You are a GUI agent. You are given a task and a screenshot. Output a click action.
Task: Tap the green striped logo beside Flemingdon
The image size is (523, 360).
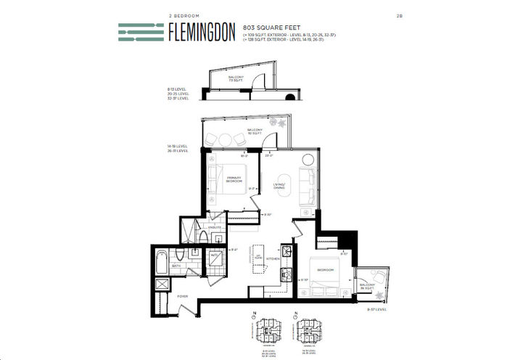click(141, 32)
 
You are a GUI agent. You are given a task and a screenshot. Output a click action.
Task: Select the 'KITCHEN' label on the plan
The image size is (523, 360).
click(273, 259)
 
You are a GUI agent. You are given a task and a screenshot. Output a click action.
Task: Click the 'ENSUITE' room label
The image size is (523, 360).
click(214, 228)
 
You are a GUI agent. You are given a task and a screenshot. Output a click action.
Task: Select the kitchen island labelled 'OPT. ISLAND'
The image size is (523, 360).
click(258, 259)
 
